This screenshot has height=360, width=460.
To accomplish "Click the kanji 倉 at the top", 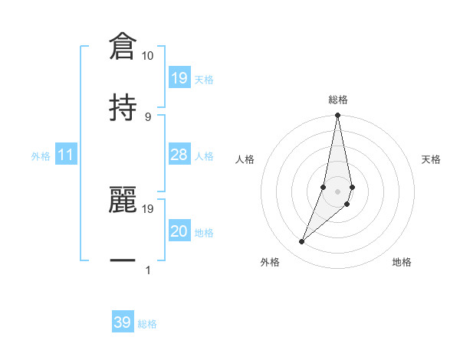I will coord(123,45).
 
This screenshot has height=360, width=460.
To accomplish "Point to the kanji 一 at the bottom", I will coord(123,261).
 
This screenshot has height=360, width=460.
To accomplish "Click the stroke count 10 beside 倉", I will coord(148,56).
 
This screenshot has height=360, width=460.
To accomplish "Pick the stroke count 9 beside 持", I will coord(148,116).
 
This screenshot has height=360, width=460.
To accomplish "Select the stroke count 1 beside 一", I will coord(148,270).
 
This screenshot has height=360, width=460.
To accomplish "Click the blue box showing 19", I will coord(179,78).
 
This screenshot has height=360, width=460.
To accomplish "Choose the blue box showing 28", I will coord(179,155).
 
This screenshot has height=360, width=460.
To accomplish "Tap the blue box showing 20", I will coord(179,232).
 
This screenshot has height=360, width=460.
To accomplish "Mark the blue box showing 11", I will coord(65,155).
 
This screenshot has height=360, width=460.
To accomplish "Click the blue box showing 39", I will coord(123,322).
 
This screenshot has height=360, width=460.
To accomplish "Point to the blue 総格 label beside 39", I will coord(147,324).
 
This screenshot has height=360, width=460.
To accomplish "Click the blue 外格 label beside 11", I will coord(41,156).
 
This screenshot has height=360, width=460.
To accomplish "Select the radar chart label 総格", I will coord(338,100).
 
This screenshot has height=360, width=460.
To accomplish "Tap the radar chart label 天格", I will coord(432,159).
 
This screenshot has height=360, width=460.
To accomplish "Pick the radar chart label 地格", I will coord(402,263).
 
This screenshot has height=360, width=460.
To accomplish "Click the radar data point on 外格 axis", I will coord(302,242).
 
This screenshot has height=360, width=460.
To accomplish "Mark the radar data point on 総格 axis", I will coord(338,116).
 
